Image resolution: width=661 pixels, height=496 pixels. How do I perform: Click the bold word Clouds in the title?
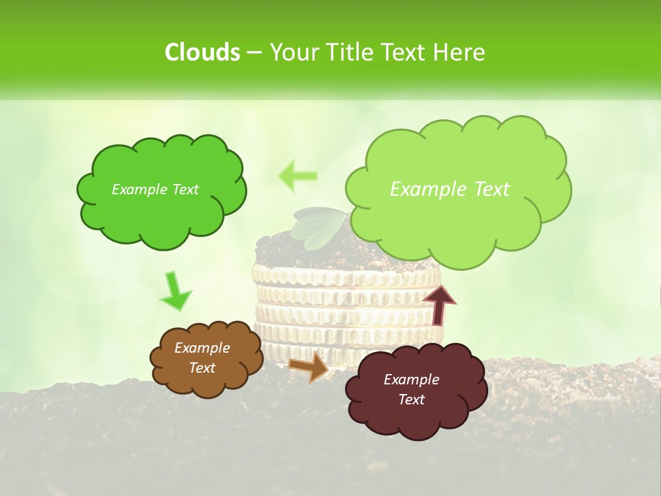coord(202,52)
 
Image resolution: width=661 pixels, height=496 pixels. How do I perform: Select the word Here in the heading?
coord(460,52)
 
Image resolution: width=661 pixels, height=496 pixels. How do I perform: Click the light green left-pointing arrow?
coord(297,176)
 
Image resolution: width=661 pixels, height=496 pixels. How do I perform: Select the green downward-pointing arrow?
coord(175,291)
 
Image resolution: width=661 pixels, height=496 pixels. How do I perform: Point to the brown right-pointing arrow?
coord(308,366)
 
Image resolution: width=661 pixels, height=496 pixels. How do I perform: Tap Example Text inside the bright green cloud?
coord(155,189)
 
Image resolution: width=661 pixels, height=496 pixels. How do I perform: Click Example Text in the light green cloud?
coord(450,189)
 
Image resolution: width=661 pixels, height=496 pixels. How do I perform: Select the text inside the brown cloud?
coord(202,358)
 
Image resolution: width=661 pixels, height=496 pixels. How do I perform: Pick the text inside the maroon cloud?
coord(411,389)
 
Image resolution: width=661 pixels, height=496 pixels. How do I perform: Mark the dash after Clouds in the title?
coord(253,52)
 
